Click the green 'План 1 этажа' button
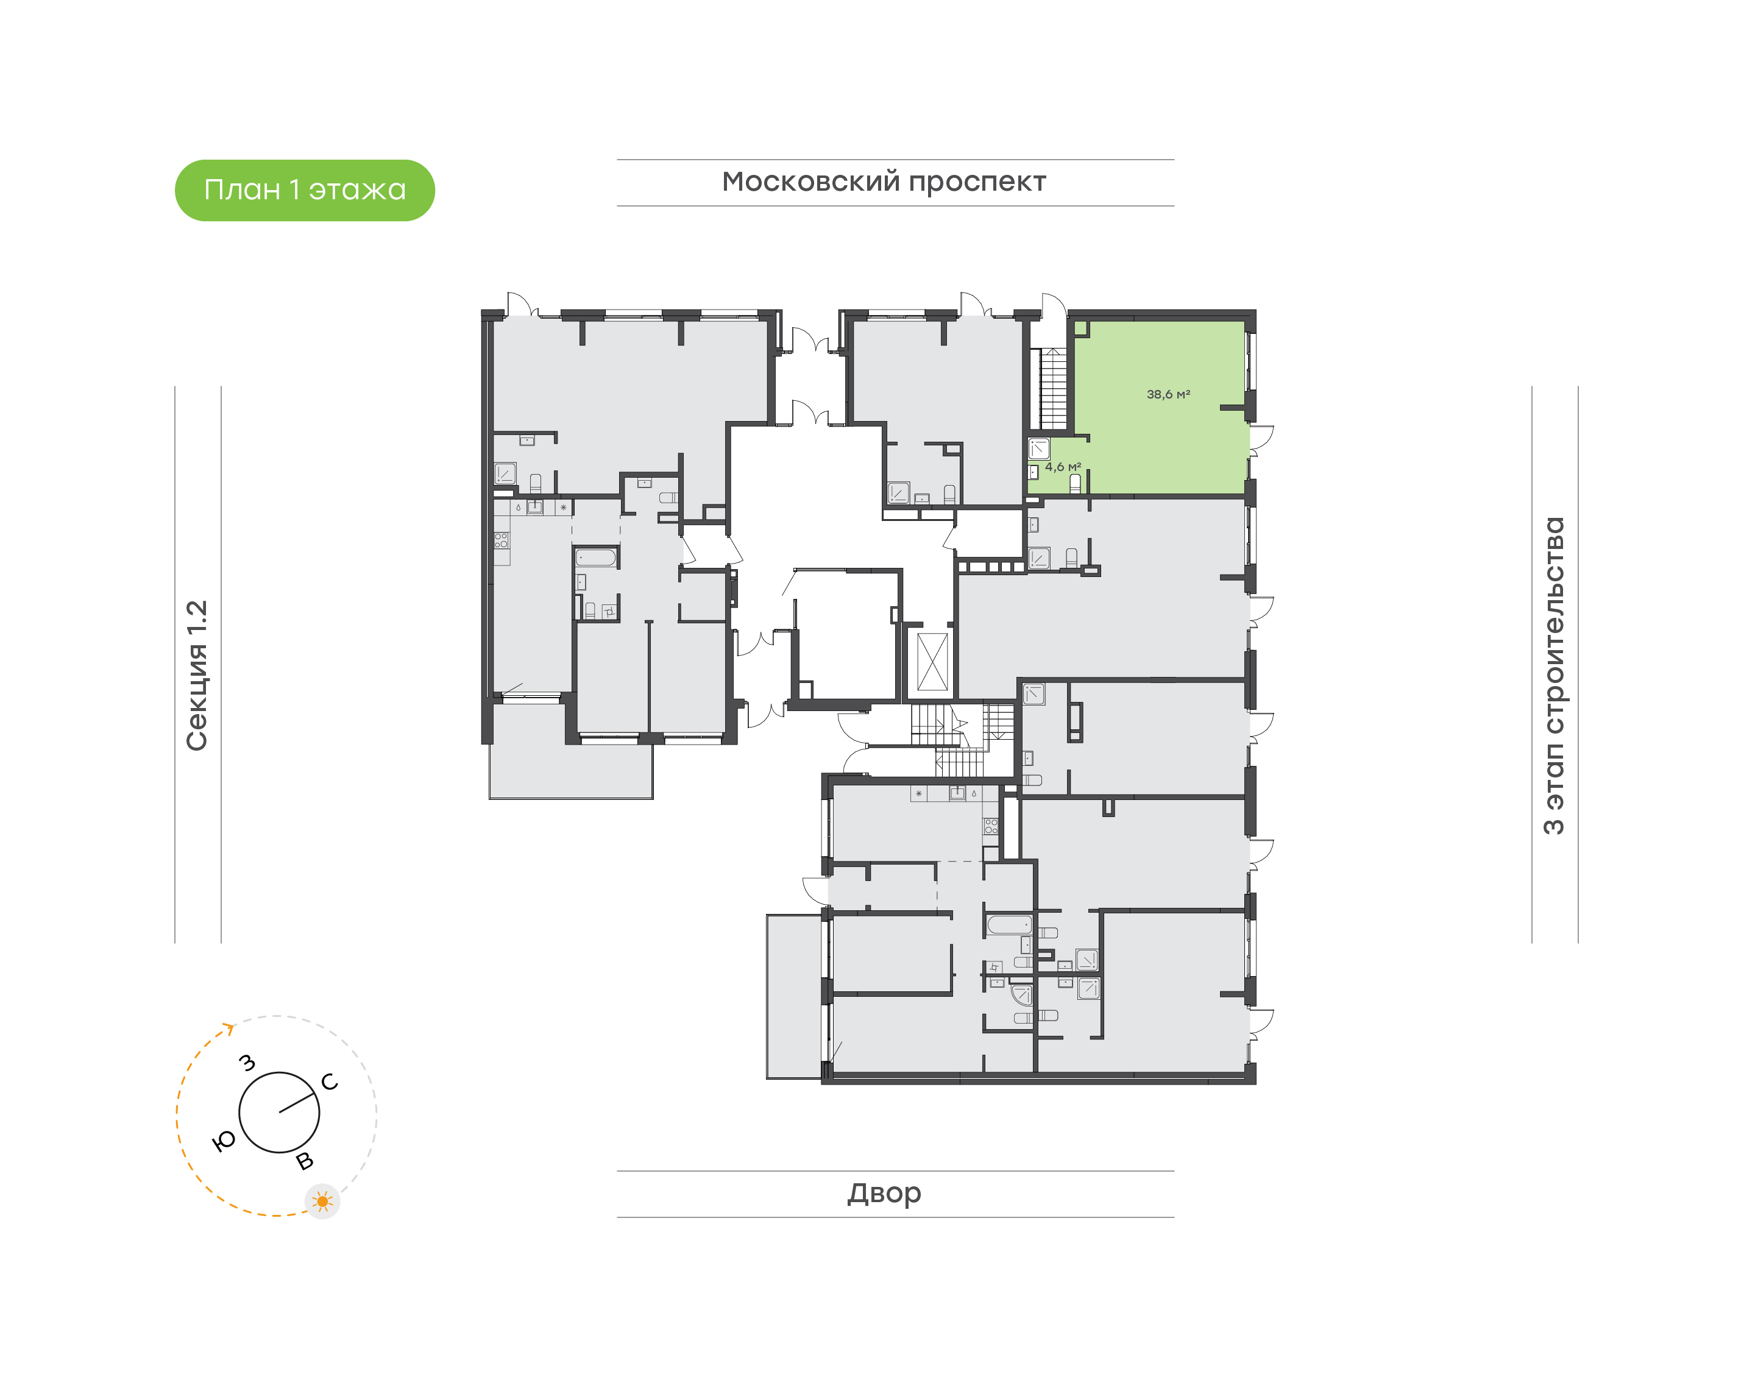(x=305, y=190)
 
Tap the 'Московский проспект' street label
(x=884, y=182)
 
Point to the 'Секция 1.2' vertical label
(x=197, y=676)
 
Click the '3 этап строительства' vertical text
(x=1553, y=676)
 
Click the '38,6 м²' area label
(x=1168, y=394)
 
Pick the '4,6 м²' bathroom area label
(x=1063, y=467)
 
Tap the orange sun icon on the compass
(x=322, y=1202)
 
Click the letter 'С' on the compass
(x=330, y=1082)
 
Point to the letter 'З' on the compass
(x=247, y=1063)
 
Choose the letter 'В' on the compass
(x=305, y=1161)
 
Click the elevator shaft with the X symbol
(x=933, y=661)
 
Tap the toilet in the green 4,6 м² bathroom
(x=1074, y=483)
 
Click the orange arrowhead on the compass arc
(x=230, y=1028)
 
